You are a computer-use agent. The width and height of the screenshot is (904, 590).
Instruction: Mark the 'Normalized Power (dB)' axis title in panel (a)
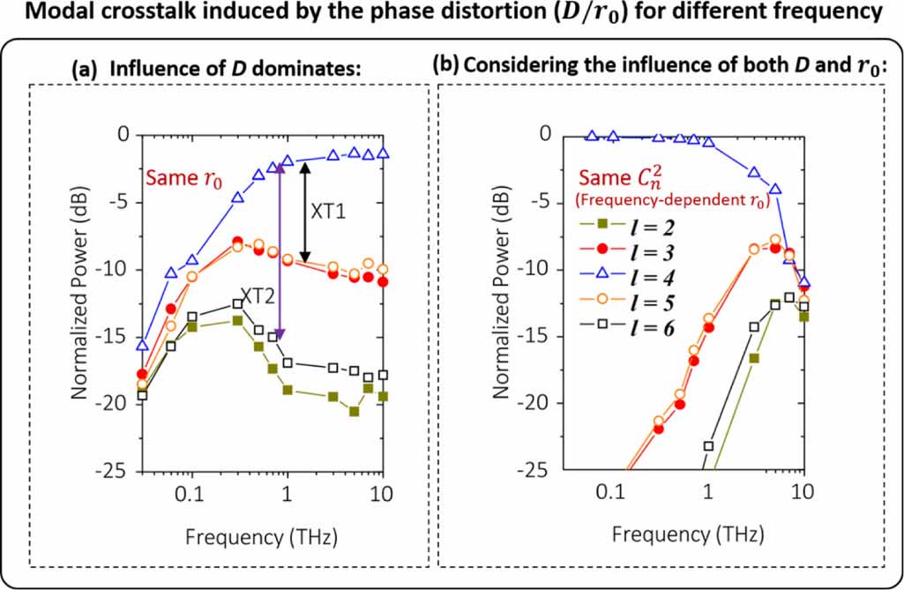pyautogui.click(x=80, y=302)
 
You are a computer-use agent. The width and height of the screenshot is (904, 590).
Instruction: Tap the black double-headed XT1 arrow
pyautogui.click(x=304, y=212)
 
